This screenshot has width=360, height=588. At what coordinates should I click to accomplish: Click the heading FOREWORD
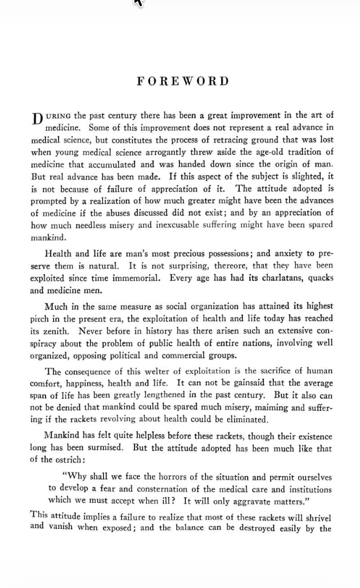click(x=183, y=81)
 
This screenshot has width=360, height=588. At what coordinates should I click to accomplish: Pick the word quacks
click(x=321, y=278)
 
